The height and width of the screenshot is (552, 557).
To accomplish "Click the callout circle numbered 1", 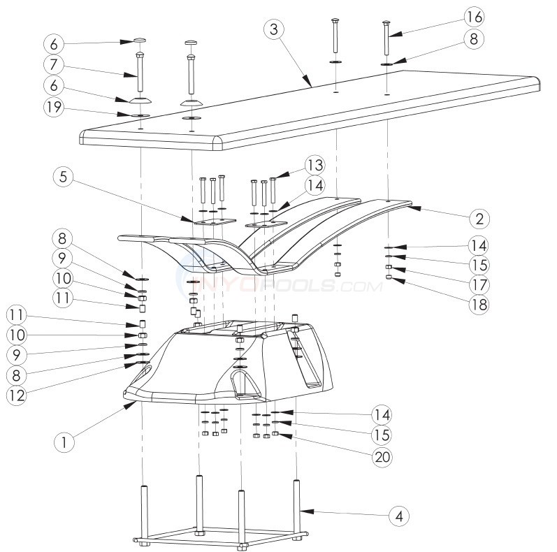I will pos(64,441).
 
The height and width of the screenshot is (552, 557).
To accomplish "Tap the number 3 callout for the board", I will pos(275,29).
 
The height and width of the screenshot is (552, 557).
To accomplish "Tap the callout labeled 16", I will pos(472,16).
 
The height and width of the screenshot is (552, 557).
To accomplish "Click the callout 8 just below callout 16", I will pos(472,40).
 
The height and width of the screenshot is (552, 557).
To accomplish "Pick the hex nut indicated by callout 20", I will pos(276,434).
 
